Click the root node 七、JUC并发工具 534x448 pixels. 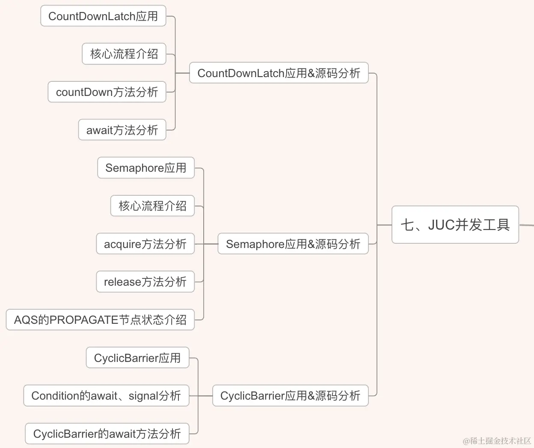455,225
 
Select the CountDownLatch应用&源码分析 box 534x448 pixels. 279,73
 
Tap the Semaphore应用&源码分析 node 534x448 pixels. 293,244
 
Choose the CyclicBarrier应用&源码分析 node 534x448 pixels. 290,396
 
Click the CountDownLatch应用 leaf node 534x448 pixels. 103,16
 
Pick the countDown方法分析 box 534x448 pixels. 107,92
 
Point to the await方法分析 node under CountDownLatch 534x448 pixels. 122,130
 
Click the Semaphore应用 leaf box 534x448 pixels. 145,168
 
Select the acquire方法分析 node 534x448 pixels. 145,244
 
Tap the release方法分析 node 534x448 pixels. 145,282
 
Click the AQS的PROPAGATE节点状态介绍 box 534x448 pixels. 100,320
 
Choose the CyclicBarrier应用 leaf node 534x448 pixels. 137,358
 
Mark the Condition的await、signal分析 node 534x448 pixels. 106,396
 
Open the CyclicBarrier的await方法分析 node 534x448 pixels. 107,434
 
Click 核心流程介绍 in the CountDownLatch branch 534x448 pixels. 124,54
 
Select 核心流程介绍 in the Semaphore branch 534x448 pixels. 152,206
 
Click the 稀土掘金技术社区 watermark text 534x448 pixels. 497,441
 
